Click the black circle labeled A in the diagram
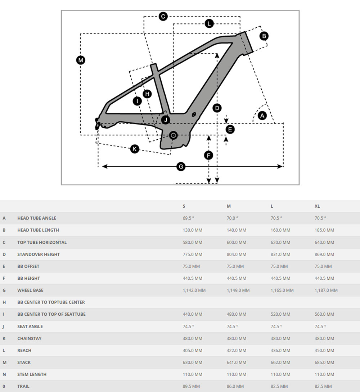(x=262, y=116)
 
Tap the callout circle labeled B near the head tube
(x=264, y=36)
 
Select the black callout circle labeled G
(x=181, y=166)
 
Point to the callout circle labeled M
(x=81, y=60)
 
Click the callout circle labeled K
(x=135, y=149)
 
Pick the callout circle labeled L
(x=209, y=24)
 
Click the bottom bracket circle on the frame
(x=174, y=135)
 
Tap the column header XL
(x=317, y=206)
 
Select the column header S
(x=184, y=206)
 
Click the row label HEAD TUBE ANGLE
(x=37, y=218)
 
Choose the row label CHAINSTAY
(x=29, y=338)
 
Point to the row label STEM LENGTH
(x=32, y=374)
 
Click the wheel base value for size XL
(x=326, y=290)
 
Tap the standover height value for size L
(x=280, y=254)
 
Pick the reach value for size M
(x=237, y=350)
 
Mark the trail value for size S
(x=192, y=386)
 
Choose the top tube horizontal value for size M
(x=237, y=242)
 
